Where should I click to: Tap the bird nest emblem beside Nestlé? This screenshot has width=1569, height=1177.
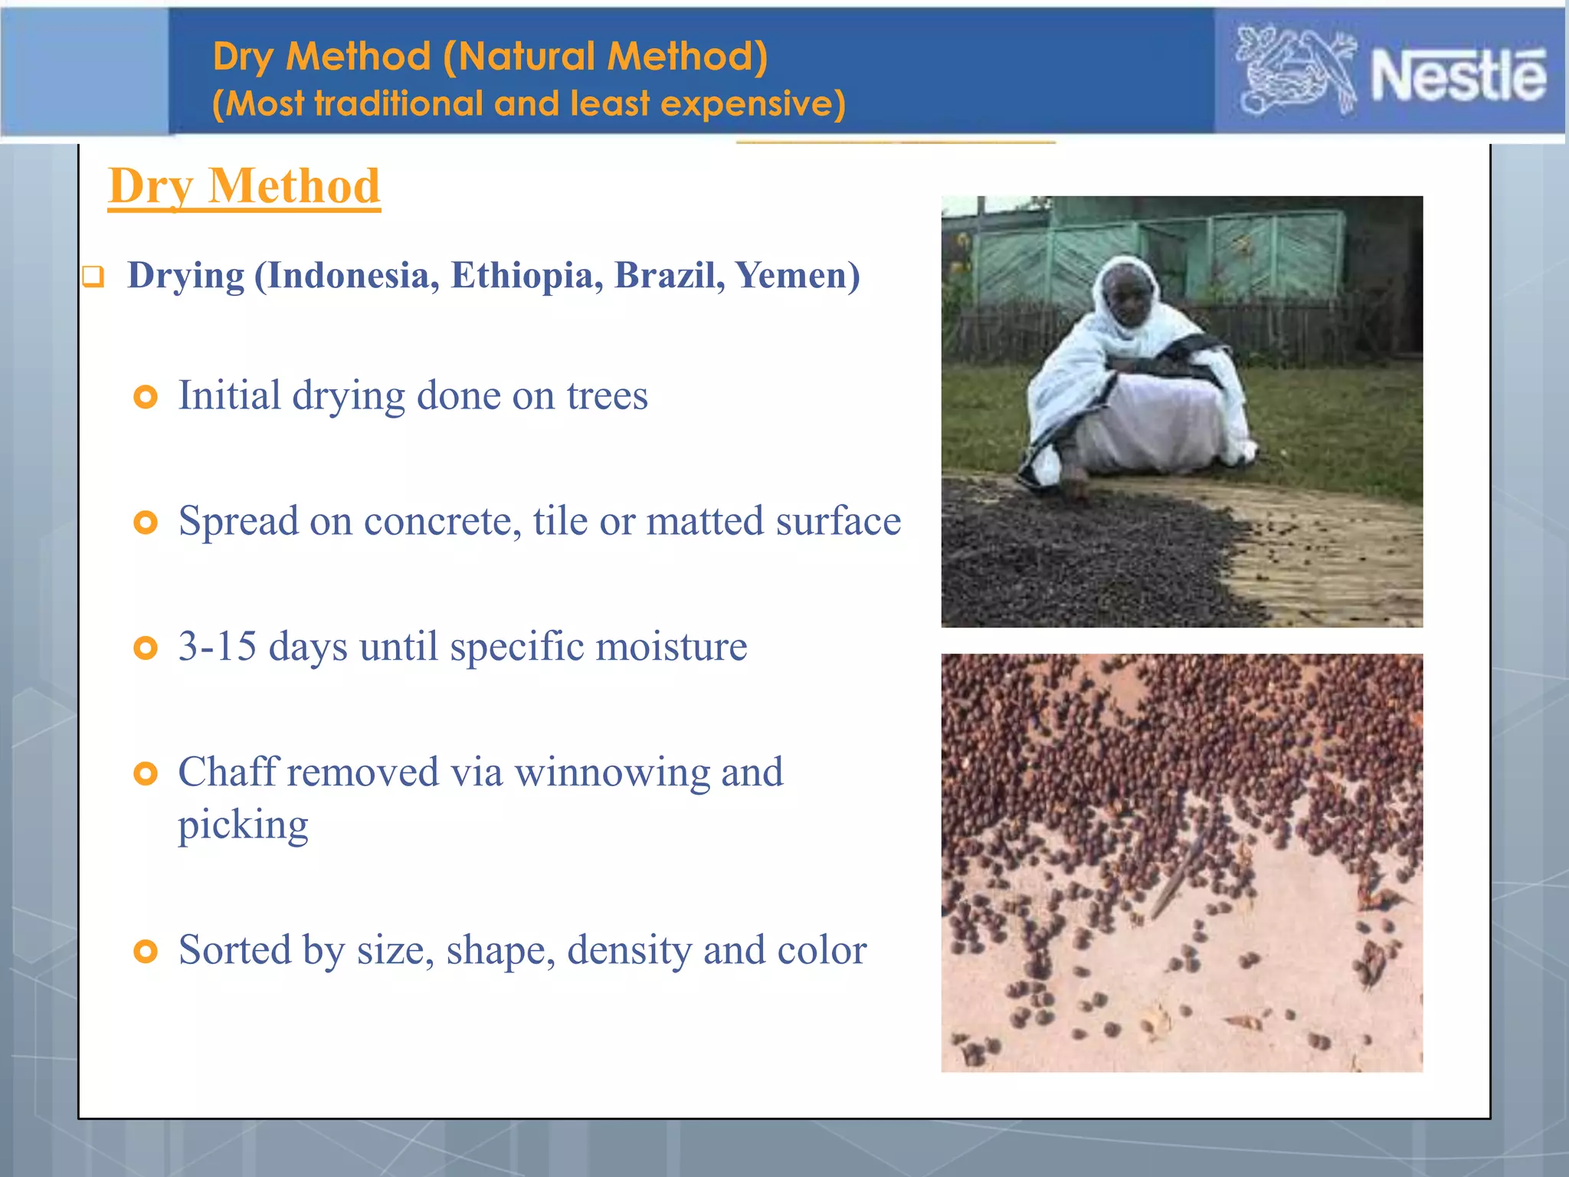click(x=1295, y=71)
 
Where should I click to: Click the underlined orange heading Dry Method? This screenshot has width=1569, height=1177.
click(x=244, y=186)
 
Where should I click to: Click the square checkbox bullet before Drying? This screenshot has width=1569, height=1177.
click(x=93, y=277)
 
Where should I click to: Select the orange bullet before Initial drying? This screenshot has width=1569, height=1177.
click(x=145, y=397)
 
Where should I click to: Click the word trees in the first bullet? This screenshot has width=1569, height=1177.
click(x=607, y=396)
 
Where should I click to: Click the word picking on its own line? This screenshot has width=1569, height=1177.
click(x=243, y=825)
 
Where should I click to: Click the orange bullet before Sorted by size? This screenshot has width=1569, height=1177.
click(x=145, y=952)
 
